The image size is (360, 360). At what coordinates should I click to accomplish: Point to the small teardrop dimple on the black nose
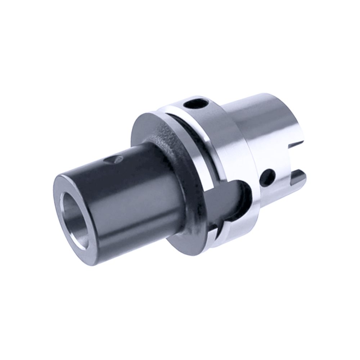113,158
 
